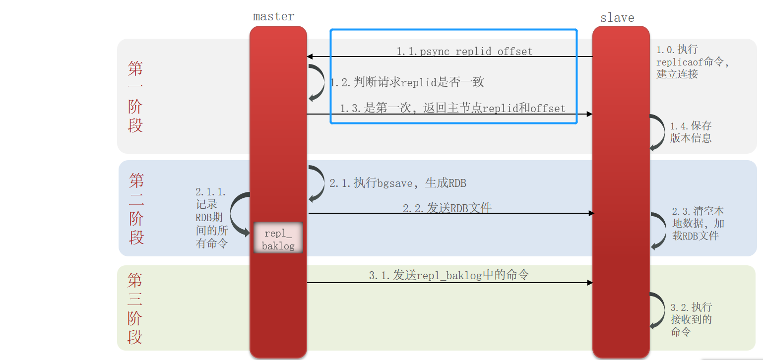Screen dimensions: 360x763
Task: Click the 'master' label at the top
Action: (273, 16)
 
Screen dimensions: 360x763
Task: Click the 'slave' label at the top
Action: (617, 18)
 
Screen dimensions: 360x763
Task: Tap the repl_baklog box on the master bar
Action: (278, 239)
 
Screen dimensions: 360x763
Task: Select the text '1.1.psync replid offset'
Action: (464, 51)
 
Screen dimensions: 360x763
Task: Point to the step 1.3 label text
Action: (452, 108)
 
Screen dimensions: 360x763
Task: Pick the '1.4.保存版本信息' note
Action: (691, 132)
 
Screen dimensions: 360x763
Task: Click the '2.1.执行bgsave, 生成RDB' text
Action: (398, 183)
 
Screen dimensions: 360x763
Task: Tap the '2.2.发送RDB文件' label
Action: (447, 208)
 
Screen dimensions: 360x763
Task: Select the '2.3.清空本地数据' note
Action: (698, 223)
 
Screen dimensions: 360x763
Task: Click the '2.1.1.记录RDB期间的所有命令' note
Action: (211, 218)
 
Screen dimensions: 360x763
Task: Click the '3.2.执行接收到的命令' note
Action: (691, 319)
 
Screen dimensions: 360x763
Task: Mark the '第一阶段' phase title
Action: (135, 96)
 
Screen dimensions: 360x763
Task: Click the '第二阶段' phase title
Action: (136, 208)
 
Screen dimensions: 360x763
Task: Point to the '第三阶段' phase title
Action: (135, 308)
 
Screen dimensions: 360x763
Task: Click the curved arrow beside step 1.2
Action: (315, 82)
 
